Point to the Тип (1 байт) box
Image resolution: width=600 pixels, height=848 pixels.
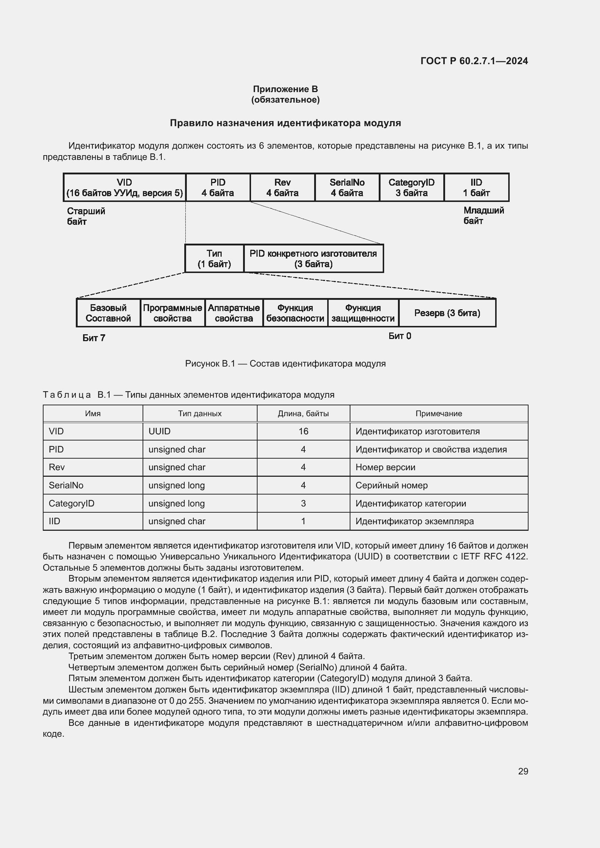click(x=214, y=258)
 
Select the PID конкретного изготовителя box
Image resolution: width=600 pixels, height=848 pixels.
click(x=313, y=258)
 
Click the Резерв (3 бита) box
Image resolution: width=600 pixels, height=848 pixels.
click(x=447, y=313)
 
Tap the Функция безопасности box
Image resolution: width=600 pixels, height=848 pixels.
click(x=295, y=313)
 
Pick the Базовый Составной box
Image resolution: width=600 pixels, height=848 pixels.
click(x=108, y=313)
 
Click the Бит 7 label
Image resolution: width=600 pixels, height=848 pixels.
click(x=94, y=338)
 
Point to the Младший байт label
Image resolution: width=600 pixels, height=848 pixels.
click(x=483, y=216)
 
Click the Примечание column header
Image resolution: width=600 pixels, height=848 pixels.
click(x=439, y=414)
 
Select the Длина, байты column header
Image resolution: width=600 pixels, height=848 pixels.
click(x=303, y=414)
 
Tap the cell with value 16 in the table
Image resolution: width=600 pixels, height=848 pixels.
click(x=303, y=431)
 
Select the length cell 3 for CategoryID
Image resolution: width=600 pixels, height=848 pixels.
click(x=303, y=504)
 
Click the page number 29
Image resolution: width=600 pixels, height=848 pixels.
click(x=523, y=772)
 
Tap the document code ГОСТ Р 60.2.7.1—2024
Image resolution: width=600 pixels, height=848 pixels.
click(x=474, y=61)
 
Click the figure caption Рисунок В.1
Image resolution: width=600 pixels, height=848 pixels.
click(x=285, y=364)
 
